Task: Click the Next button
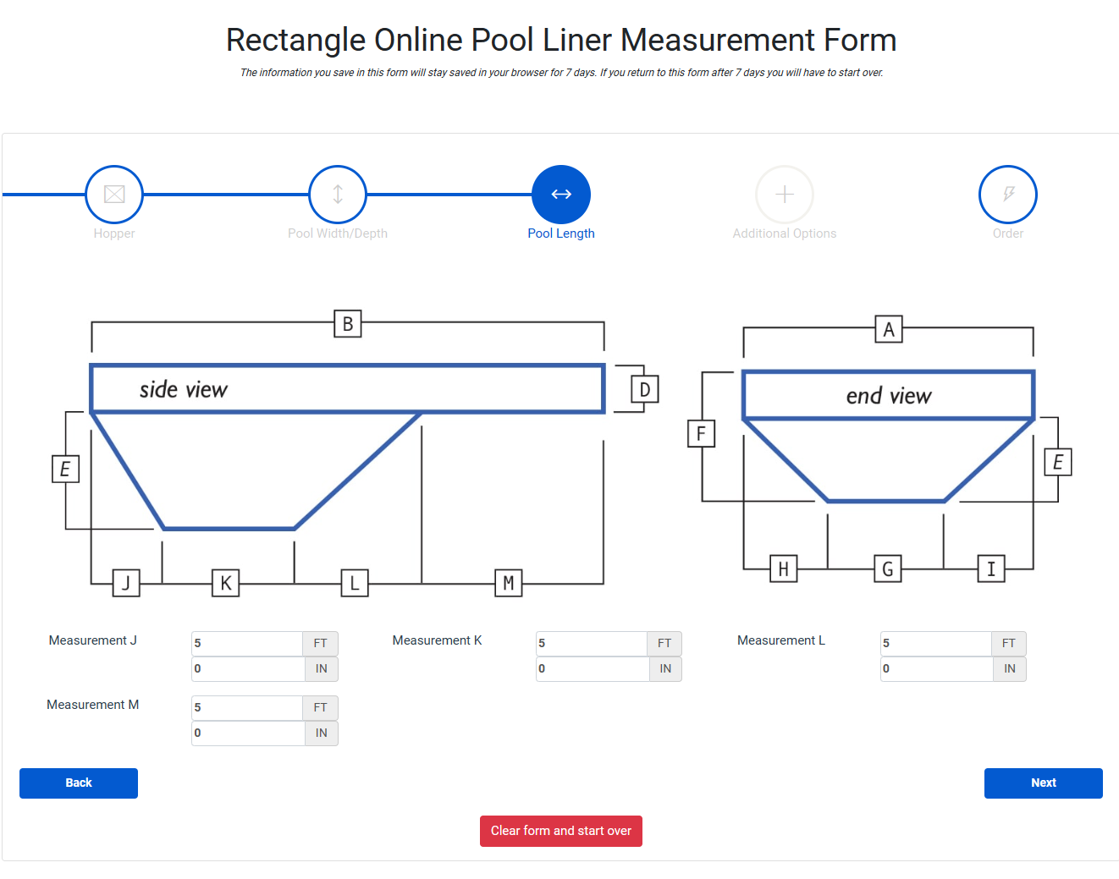pos(1043,783)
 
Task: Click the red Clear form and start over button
pos(560,831)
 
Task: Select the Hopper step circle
pos(114,195)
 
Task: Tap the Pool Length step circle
pos(561,195)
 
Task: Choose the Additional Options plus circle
pos(785,195)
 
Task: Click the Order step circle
pos(1007,195)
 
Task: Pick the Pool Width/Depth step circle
pos(338,195)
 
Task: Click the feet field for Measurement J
pos(246,643)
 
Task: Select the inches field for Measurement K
pos(592,668)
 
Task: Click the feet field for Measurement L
pos(935,643)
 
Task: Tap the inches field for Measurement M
pos(248,733)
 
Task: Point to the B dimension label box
pos(348,324)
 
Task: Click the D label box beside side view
pos(645,389)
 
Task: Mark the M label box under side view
pos(508,583)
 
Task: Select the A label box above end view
pos(889,329)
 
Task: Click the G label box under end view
pos(888,569)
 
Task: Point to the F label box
pos(701,434)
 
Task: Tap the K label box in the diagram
pos(226,583)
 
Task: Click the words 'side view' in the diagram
pos(184,389)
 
